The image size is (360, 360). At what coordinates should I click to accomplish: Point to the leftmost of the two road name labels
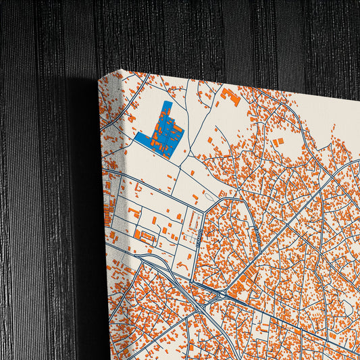coord(200,237)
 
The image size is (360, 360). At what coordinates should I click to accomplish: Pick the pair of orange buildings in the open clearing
coord(278,141)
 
